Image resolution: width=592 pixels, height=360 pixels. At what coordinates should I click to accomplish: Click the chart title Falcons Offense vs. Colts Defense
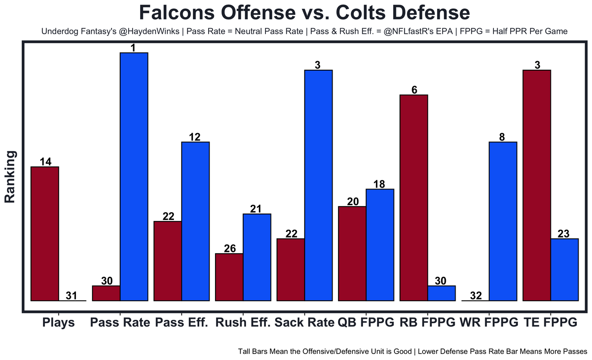304,12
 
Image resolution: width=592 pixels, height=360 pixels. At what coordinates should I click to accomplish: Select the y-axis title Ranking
10,177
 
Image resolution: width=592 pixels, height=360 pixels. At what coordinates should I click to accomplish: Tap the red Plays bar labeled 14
45,233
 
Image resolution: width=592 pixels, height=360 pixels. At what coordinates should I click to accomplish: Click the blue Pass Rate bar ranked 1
134,177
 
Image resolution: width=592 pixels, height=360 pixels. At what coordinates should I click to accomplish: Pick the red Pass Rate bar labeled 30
106,293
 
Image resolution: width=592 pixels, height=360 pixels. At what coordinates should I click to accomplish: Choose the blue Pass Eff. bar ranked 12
195,221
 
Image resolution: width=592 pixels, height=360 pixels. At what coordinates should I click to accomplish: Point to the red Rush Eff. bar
229,277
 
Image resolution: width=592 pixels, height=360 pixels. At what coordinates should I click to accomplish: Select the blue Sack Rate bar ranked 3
318,185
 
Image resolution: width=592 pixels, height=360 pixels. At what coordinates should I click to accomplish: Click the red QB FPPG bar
352,254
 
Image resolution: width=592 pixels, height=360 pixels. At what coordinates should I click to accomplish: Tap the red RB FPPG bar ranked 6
414,198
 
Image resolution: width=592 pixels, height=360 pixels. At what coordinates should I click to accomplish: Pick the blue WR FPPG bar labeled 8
503,221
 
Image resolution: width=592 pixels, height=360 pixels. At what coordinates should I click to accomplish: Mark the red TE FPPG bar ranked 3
536,185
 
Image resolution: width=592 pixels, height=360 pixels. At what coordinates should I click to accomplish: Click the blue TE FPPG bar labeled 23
564,270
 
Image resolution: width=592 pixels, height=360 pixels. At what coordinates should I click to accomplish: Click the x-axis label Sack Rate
304,323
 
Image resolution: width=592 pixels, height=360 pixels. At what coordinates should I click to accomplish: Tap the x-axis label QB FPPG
366,323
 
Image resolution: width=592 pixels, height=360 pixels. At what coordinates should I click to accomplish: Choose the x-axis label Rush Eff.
243,323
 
